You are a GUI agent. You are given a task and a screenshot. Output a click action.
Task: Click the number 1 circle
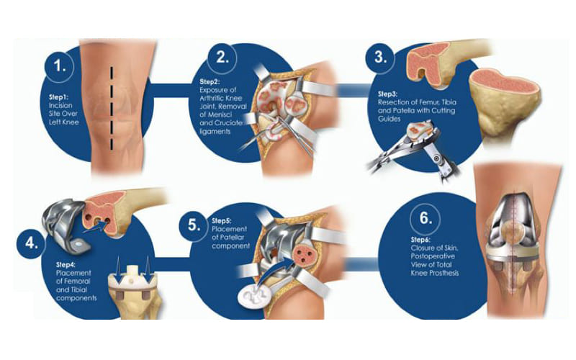60,66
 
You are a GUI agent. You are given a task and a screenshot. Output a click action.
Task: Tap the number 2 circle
222,58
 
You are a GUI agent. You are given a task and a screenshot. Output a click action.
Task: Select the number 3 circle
380,58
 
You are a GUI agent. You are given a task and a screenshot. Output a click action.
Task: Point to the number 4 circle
31,243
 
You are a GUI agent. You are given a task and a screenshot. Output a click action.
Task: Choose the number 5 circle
194,225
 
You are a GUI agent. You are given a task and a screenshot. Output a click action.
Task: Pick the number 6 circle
426,219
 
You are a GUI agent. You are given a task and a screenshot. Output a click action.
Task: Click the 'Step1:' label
59,97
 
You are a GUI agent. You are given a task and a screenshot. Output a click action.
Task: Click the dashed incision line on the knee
112,109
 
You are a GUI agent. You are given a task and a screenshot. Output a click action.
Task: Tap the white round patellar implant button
253,295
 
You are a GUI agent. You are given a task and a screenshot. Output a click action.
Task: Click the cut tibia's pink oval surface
505,81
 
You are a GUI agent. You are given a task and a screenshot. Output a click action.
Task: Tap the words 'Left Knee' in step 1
63,122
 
